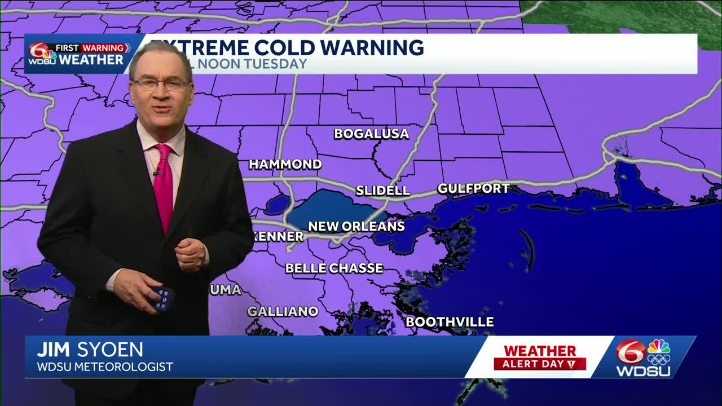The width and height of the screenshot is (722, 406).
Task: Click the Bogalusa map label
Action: click(371, 134)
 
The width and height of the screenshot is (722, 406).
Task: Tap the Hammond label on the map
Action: click(285, 165)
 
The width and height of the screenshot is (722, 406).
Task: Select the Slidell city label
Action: click(382, 191)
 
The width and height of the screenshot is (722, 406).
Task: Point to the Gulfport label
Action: click(473, 189)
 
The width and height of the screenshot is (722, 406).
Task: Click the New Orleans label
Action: click(356, 227)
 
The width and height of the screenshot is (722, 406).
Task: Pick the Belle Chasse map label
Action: click(334, 268)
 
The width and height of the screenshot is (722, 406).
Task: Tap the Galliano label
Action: click(283, 311)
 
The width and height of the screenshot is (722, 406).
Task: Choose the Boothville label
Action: click(450, 322)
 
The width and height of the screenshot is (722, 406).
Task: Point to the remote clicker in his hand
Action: click(161, 298)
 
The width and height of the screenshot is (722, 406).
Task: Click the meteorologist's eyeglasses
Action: click(161, 85)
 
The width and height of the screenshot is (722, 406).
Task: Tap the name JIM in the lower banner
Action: click(54, 350)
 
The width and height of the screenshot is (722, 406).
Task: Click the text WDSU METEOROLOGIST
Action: click(105, 367)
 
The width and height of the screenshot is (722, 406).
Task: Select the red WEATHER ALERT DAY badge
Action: click(540, 358)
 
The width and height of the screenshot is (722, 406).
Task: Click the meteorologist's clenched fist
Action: click(191, 254)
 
